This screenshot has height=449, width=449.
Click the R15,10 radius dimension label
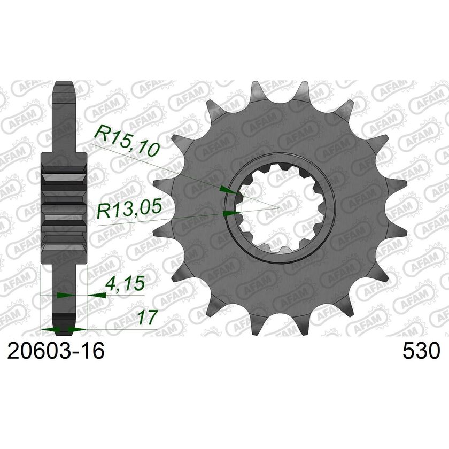click(127, 141)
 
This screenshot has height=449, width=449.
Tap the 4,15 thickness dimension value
click(125, 287)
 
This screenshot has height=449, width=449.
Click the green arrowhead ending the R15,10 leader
click(227, 189)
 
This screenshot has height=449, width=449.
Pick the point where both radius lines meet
click(279, 206)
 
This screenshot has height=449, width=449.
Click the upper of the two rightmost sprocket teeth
click(394, 182)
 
